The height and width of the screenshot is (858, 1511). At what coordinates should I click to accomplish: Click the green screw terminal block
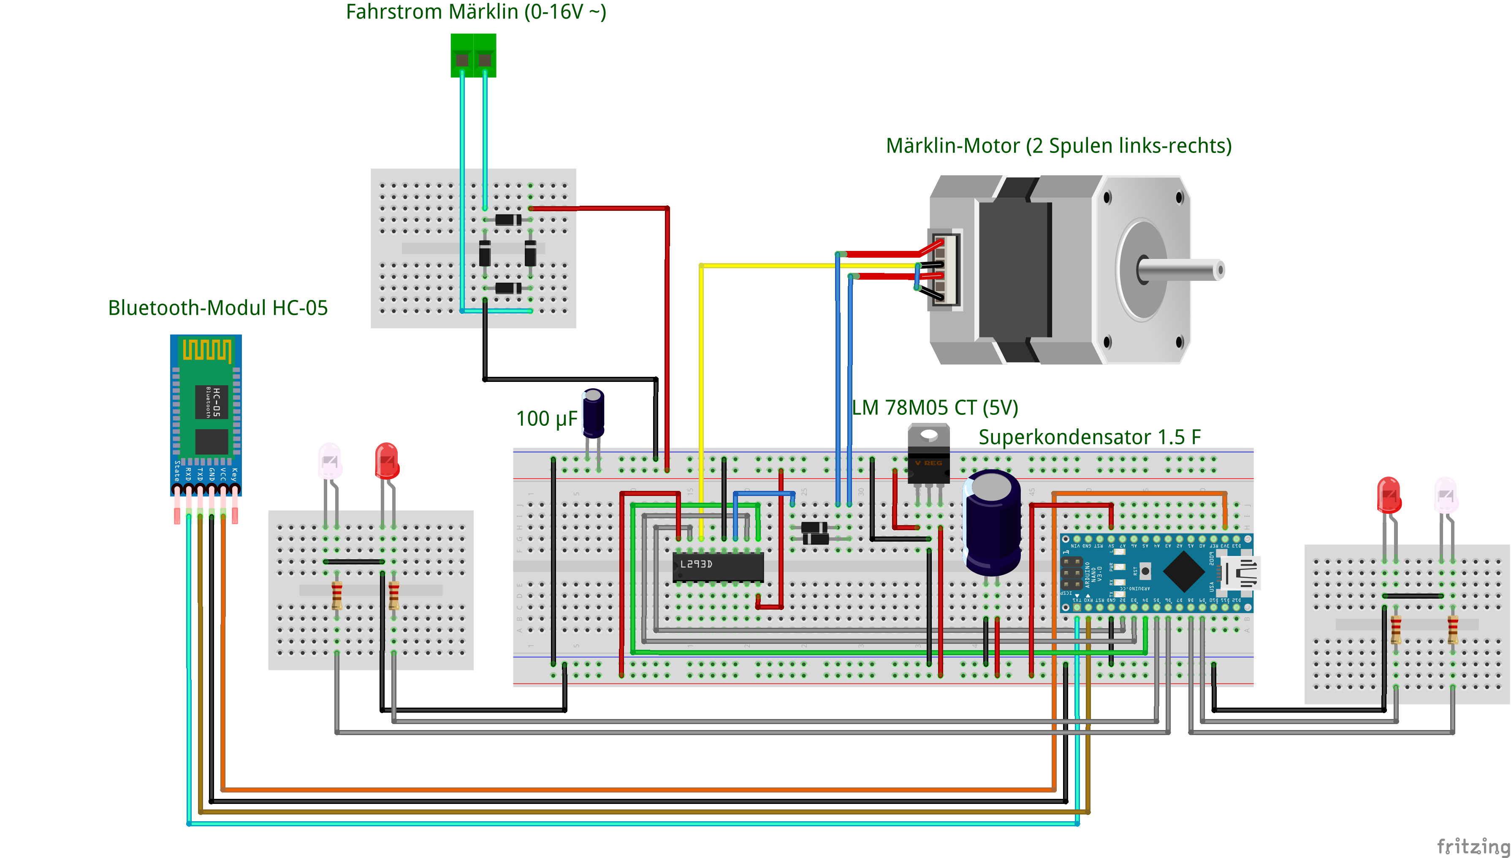tap(473, 55)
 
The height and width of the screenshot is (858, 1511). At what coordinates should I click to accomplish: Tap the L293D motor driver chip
tap(718, 567)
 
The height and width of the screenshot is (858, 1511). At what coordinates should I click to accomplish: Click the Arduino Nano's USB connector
tap(1241, 573)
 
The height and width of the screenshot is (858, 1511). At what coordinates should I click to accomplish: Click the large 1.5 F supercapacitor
tap(992, 522)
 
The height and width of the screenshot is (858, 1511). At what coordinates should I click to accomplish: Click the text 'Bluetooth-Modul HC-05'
tap(217, 308)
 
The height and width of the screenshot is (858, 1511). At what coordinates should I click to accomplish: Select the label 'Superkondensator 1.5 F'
tap(1089, 437)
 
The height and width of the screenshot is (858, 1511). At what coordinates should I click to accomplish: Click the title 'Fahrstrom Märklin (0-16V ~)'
tap(476, 12)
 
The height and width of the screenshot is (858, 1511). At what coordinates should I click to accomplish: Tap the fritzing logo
tap(1472, 846)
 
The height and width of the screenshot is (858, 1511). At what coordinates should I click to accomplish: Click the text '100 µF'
tap(546, 418)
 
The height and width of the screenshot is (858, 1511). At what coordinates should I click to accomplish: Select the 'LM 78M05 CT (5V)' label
tap(935, 407)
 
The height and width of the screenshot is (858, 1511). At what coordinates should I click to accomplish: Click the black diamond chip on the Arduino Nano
tap(1184, 571)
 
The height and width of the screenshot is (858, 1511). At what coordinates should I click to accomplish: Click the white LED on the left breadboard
tap(330, 460)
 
